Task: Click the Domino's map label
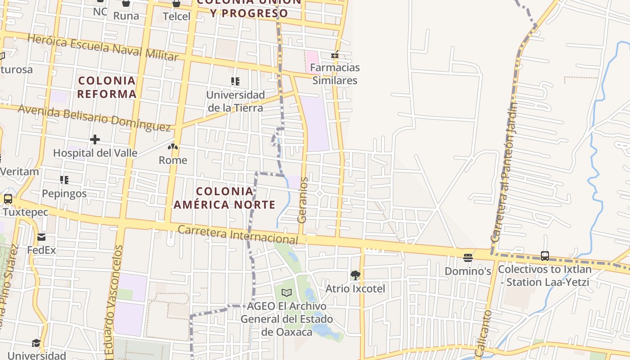pos(468,271)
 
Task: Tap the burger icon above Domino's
pos(468,258)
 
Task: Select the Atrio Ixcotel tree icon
pos(355,275)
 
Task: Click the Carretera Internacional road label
pos(238,235)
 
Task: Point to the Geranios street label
pos(303,200)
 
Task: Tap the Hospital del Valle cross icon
pos(95,139)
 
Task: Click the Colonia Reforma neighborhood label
pos(107,87)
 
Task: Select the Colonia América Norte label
pos(225,198)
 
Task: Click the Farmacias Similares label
pos(336,74)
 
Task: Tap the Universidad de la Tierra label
pos(235,101)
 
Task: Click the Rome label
pos(173,160)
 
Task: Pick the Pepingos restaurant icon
pos(64,180)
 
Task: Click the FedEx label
pos(41,250)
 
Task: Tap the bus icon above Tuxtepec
pos(8,198)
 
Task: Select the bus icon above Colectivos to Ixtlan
pos(545,256)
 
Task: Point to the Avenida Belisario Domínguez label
pos(94,118)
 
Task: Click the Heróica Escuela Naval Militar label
pos(103,47)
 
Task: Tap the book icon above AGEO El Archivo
pos(287,292)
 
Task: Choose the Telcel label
pos(176,16)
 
